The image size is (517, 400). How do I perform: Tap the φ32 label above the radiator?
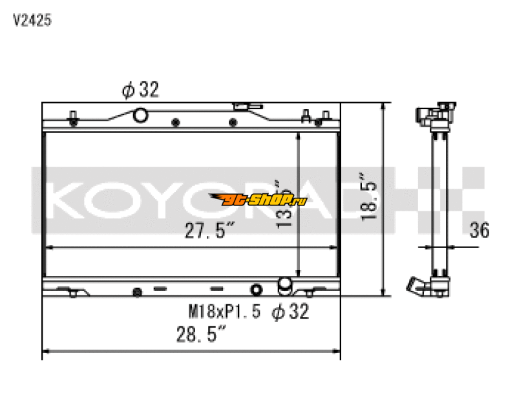[140, 90]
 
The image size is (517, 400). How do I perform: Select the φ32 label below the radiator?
[290, 312]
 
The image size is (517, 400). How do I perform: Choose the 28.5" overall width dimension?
[202, 335]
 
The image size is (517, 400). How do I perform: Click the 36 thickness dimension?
[480, 229]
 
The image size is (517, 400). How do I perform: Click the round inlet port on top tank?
[140, 116]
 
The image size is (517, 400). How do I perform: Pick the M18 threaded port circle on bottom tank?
[257, 289]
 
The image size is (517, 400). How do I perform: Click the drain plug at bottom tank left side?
[137, 291]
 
